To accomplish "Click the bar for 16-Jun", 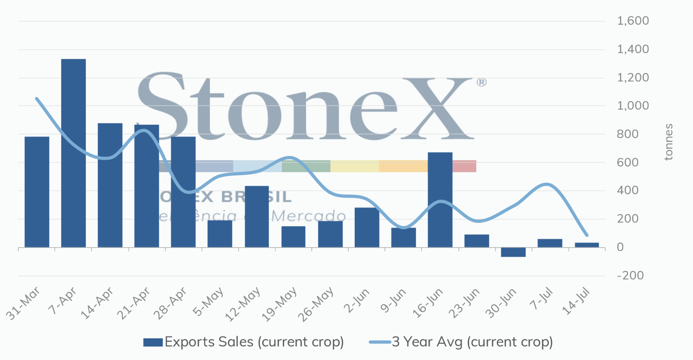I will click(440, 200).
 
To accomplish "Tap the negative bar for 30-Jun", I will click(513, 252).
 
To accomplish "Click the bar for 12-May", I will click(257, 217).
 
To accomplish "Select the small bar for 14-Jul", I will click(586, 245).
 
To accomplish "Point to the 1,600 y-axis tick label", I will click(632, 21).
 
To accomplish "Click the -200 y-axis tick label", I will click(630, 276).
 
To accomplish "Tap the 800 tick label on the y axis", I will click(627, 134).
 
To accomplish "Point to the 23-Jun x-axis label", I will click(464, 303).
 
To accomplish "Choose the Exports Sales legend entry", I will click(244, 342).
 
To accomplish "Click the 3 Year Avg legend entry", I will click(461, 342).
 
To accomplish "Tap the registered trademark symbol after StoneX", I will click(481, 82).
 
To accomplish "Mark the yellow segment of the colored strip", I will click(354, 166).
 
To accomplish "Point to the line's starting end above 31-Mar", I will click(37, 99).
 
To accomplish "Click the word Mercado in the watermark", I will click(308, 215).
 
